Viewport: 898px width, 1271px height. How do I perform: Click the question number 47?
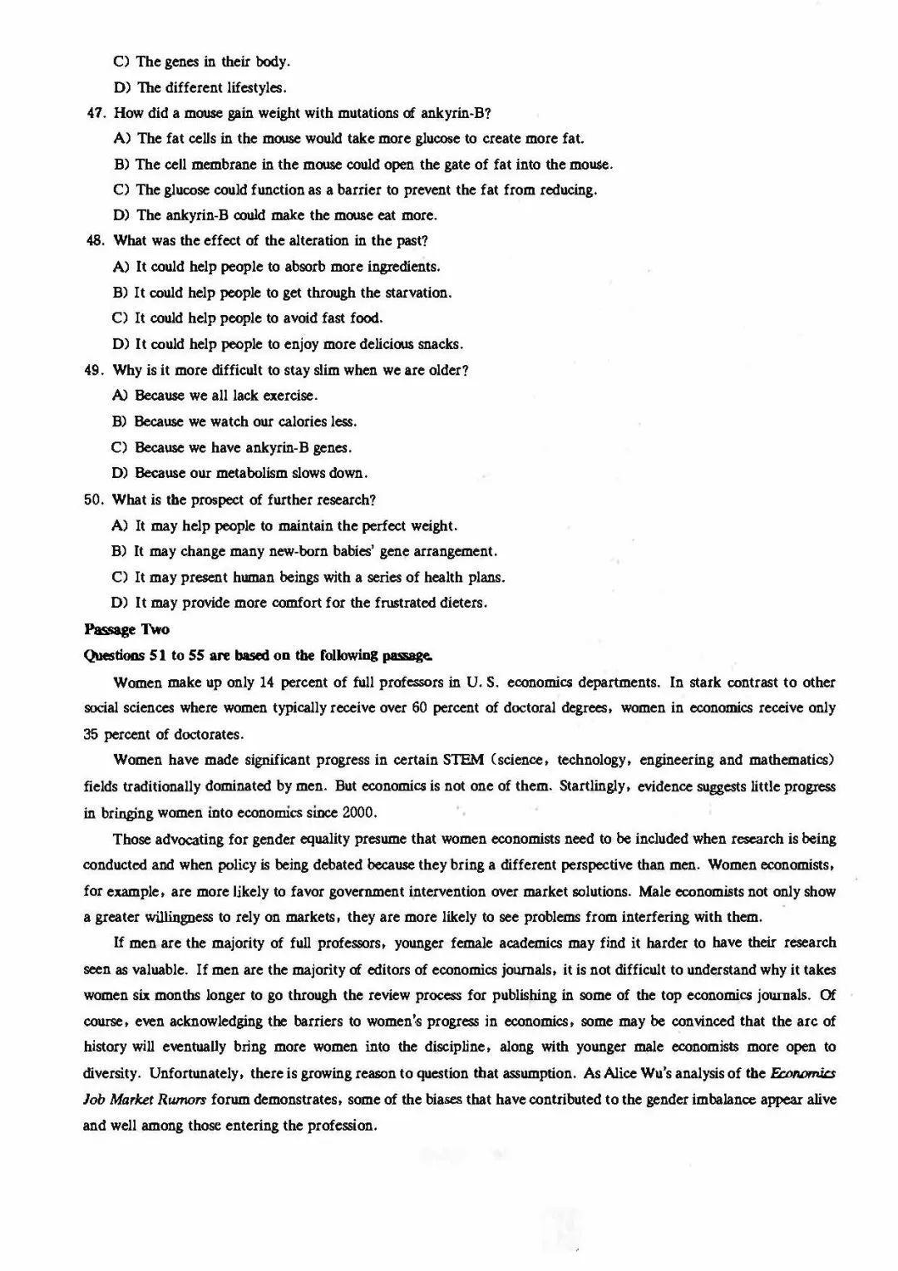(95, 113)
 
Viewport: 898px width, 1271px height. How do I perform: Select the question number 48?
(94, 241)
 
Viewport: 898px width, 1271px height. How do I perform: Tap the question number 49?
(93, 371)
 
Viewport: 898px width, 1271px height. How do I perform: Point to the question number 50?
(93, 500)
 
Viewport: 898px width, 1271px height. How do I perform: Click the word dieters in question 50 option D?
(461, 603)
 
